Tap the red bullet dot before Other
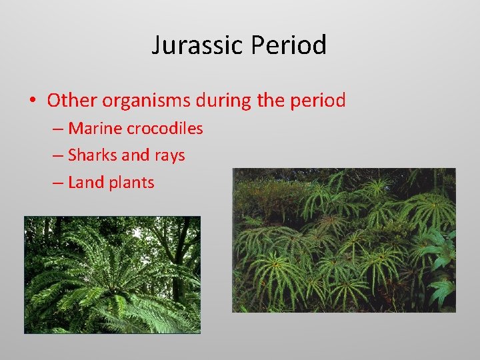tap(32, 101)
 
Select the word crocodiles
tap(167, 128)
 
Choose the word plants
tap(132, 183)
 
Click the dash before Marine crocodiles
tap(57, 129)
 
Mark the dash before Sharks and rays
tap(57, 156)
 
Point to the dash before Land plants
tap(57, 183)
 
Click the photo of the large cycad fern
tap(112, 274)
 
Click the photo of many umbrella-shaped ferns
tap(343, 240)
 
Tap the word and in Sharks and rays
tap(136, 155)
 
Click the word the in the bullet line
tap(269, 101)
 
